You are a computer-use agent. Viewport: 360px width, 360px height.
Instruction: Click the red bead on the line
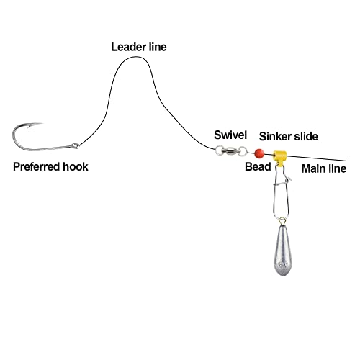click(x=259, y=153)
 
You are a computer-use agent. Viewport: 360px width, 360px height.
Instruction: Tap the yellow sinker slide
click(x=280, y=157)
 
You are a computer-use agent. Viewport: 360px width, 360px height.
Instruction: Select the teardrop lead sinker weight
click(x=283, y=251)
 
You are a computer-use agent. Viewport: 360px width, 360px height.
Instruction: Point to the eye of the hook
click(x=76, y=145)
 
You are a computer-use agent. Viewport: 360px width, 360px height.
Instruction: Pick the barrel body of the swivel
click(x=230, y=150)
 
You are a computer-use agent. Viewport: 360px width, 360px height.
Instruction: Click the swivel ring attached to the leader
click(x=218, y=150)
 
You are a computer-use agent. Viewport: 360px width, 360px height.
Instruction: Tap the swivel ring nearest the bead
click(x=243, y=151)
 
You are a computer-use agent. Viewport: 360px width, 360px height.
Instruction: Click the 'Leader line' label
click(x=139, y=47)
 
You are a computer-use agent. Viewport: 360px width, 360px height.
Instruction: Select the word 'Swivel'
click(x=230, y=135)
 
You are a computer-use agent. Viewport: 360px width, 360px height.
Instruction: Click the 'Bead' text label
click(x=258, y=166)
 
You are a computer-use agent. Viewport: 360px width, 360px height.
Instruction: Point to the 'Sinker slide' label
click(x=289, y=136)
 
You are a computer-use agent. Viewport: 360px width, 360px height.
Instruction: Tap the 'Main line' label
click(x=324, y=168)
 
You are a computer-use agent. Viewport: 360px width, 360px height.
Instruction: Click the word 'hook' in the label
click(x=75, y=166)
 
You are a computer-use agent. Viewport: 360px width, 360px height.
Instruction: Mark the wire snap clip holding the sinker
click(x=282, y=192)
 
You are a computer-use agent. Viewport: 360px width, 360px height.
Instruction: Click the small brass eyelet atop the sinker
click(x=283, y=221)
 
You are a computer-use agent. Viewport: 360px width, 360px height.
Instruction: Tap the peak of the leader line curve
click(x=136, y=57)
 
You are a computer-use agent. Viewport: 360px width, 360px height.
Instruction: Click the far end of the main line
click(x=346, y=161)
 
